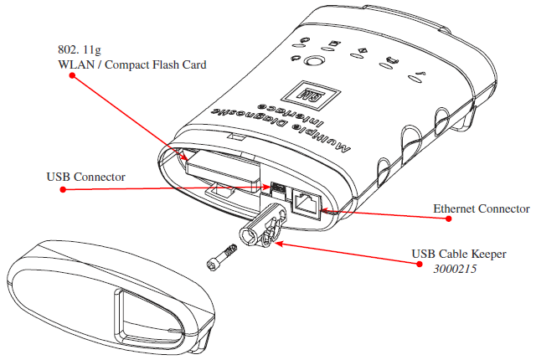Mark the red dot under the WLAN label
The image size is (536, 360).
pos(73,75)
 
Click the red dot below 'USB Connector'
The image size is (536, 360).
pos(63,190)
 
